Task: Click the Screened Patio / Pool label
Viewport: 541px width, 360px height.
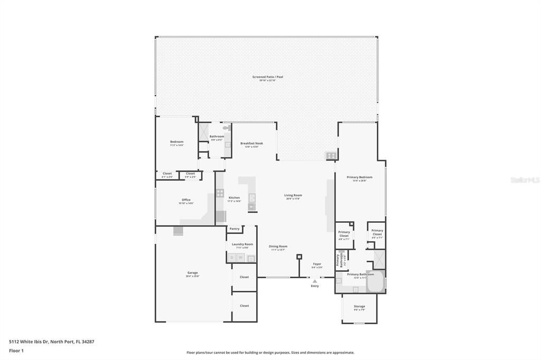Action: [267, 77]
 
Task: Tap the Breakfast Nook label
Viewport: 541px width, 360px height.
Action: [251, 144]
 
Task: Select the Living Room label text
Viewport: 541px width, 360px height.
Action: [293, 196]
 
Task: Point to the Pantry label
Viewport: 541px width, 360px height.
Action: [235, 229]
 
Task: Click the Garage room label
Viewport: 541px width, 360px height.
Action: [192, 273]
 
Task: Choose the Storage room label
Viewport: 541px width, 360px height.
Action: [359, 307]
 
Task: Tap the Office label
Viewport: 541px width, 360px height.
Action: [186, 200]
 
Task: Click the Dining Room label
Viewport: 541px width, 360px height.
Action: [278, 247]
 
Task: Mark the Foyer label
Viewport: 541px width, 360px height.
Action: [317, 264]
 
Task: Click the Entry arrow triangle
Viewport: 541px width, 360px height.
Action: [315, 281]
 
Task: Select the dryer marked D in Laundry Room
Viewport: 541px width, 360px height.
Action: [231, 258]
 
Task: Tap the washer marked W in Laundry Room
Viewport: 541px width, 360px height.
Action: [240, 258]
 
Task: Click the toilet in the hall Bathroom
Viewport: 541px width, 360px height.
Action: [226, 128]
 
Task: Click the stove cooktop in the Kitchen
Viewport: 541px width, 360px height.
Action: [220, 193]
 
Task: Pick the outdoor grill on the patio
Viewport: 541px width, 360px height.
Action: [331, 155]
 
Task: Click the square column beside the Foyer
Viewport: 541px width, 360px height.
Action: [299, 257]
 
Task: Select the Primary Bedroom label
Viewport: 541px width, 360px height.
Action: [359, 177]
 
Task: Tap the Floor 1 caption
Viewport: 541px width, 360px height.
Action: [16, 350]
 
